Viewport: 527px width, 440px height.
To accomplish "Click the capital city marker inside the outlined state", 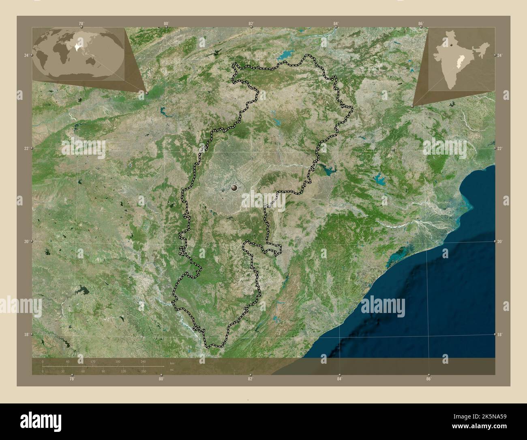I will (x=234, y=188).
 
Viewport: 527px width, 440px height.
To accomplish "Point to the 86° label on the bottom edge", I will (x=429, y=379).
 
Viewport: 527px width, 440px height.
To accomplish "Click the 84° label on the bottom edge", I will (x=339, y=379).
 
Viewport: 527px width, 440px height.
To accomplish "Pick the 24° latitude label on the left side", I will (x=26, y=55).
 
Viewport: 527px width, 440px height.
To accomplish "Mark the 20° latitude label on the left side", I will (x=26, y=242).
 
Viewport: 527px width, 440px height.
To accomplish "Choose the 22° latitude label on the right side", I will (x=500, y=149).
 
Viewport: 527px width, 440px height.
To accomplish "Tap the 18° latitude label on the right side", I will (x=500, y=334).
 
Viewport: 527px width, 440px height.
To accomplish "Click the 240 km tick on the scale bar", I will (x=143, y=362).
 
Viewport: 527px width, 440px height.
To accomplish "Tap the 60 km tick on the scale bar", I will (x=68, y=362).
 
